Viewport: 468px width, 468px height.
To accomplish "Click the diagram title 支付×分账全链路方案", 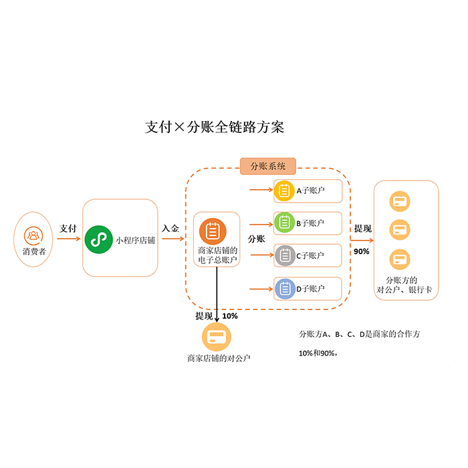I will [215, 127].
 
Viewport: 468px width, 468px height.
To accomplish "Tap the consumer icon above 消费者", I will [32, 235].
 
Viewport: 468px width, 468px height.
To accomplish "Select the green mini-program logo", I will [99, 238].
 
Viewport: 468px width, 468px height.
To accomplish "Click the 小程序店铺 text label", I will [135, 240].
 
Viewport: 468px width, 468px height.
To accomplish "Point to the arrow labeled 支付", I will [68, 238].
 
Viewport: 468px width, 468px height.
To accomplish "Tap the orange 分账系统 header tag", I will [267, 166].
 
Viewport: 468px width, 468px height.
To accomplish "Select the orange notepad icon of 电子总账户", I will [213, 231].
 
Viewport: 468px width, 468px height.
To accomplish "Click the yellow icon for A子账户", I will [284, 191].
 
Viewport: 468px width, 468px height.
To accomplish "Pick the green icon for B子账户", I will [284, 223].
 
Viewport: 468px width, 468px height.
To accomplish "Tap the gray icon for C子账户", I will [284, 255].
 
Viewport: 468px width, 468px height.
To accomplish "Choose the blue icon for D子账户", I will [284, 289].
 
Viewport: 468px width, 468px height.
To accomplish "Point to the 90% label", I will [362, 251].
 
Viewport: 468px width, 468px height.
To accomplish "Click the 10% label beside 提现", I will [229, 316].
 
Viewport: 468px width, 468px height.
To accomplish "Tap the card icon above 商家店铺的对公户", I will [215, 336].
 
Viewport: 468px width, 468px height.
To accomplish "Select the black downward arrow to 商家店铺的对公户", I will [217, 287].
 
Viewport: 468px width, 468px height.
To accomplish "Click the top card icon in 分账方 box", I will [400, 201].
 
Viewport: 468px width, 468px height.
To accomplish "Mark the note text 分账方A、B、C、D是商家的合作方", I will [360, 334].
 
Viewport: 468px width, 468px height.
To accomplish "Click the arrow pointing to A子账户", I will [261, 190].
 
